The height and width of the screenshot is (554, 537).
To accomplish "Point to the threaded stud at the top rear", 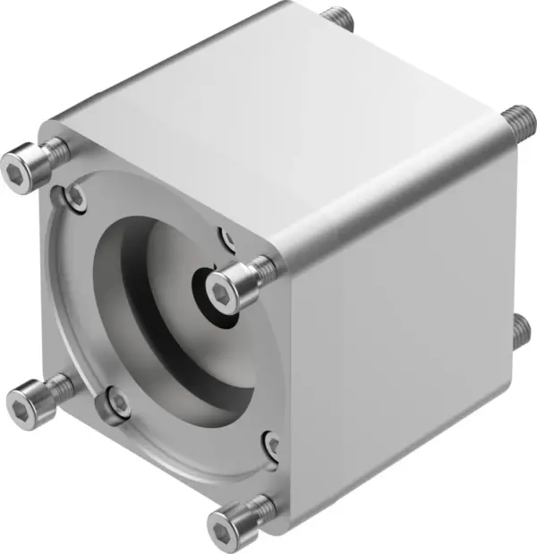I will click(337, 17).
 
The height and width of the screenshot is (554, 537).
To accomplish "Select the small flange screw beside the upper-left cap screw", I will click(77, 195).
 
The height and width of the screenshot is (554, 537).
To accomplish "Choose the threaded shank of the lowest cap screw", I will click(260, 507).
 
